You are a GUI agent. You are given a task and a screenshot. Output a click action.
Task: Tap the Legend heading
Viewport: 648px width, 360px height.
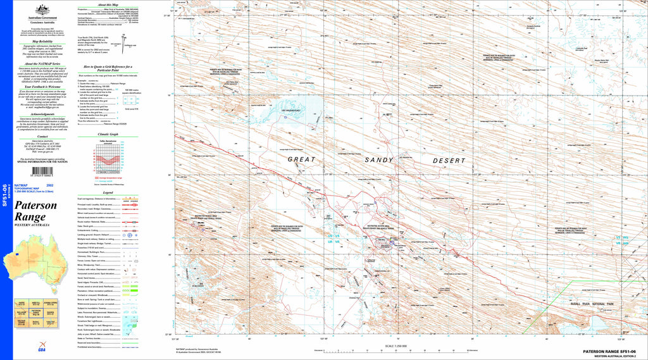(108, 192)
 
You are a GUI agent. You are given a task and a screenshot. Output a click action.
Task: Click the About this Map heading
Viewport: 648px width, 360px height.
(108, 4)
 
